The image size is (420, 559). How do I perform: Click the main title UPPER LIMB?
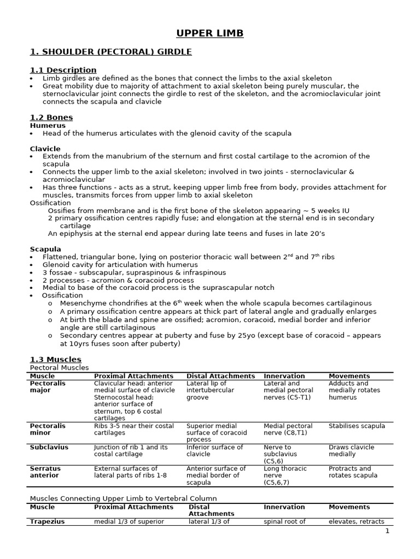(x=210, y=34)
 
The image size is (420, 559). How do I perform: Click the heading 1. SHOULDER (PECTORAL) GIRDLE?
(x=110, y=52)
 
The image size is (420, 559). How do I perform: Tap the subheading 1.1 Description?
(x=63, y=70)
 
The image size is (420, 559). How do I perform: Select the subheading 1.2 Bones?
(x=51, y=117)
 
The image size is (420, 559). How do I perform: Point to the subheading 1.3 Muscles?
(x=55, y=359)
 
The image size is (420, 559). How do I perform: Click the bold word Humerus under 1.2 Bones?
(x=48, y=126)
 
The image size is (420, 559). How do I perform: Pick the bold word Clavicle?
(x=45, y=148)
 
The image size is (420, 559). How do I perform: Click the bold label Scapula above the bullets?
(x=45, y=249)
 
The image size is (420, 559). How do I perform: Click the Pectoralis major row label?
(x=48, y=386)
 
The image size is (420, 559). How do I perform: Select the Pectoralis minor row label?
(x=48, y=429)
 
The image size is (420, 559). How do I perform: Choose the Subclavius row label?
(x=49, y=447)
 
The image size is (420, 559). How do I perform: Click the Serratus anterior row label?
(x=45, y=472)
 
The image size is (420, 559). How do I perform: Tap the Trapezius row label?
(x=48, y=521)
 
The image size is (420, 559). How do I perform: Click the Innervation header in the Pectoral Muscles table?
(x=284, y=376)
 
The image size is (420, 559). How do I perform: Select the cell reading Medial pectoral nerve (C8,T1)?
(x=288, y=429)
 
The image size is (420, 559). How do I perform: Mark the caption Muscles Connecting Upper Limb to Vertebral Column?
(x=123, y=498)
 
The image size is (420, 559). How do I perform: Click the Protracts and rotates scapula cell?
(x=353, y=472)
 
